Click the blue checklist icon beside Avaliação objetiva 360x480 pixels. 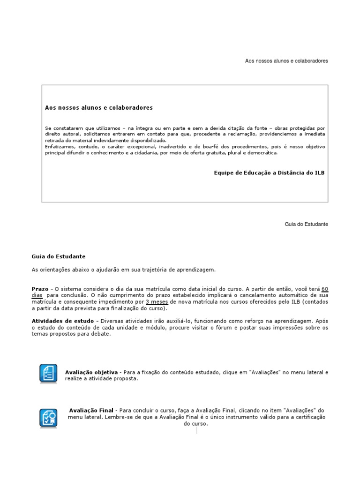(x=48, y=374)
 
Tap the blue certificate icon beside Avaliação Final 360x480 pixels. (x=48, y=417)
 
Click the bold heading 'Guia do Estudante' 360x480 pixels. (x=59, y=256)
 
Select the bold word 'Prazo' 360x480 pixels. (x=39, y=289)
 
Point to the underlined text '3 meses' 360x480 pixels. (x=157, y=302)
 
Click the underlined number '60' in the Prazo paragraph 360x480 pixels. (x=325, y=289)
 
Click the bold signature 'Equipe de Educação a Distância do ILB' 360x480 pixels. (x=269, y=173)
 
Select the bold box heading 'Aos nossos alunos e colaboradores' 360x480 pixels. (x=99, y=108)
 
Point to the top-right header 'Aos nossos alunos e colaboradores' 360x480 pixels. (x=287, y=61)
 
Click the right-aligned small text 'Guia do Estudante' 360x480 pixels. (x=307, y=224)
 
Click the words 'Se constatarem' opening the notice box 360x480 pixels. (x=61, y=128)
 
